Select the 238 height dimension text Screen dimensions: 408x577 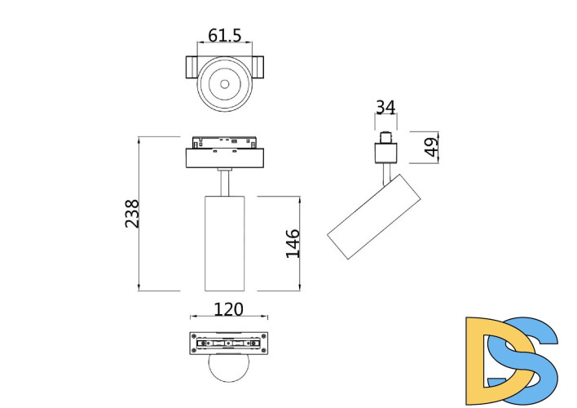pyautogui.click(x=132, y=214)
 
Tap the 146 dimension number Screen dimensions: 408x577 pyautogui.click(x=293, y=243)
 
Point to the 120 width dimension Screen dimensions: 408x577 pyautogui.click(x=229, y=309)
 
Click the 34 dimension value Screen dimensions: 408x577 pyautogui.click(x=385, y=107)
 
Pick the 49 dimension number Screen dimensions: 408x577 pyautogui.click(x=431, y=147)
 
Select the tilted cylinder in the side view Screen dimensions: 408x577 pyautogui.click(x=375, y=216)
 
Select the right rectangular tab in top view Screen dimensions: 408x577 pyautogui.click(x=258, y=68)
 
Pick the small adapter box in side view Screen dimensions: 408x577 pyautogui.click(x=385, y=152)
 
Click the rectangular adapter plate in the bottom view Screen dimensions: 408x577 pyautogui.click(x=229, y=344)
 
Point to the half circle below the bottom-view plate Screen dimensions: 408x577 pyautogui.click(x=228, y=370)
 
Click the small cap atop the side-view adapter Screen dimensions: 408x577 pyautogui.click(x=385, y=135)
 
